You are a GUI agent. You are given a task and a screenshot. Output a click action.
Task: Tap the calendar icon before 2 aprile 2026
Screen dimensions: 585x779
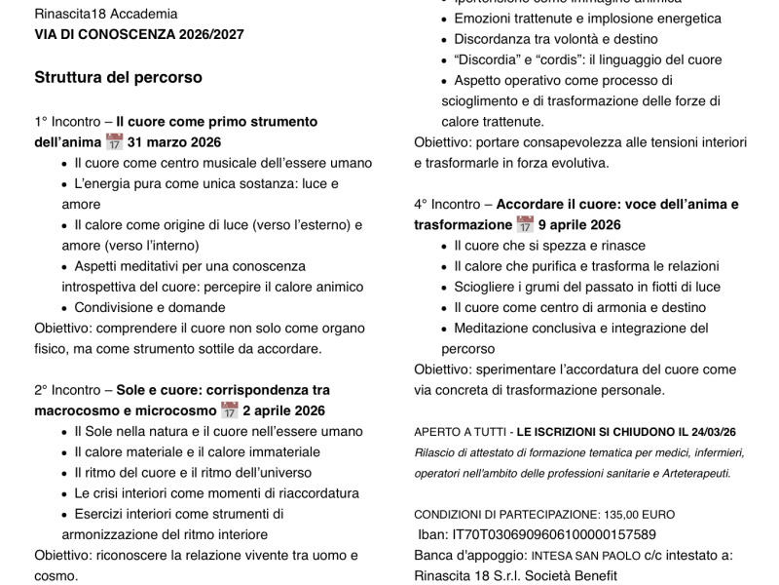coord(229,410)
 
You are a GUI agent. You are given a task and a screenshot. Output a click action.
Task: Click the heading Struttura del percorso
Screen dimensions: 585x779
coord(118,77)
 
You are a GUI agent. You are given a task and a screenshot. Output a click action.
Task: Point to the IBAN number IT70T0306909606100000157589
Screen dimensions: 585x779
coord(554,534)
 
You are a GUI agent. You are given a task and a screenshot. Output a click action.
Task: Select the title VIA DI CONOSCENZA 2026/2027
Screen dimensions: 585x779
coord(139,34)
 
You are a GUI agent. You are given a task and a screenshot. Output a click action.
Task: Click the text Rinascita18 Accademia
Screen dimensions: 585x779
coord(106,14)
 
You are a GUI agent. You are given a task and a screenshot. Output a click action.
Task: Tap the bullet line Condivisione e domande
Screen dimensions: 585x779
coord(149,307)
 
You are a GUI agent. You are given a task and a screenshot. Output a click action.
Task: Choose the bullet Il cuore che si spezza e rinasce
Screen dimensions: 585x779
coord(549,246)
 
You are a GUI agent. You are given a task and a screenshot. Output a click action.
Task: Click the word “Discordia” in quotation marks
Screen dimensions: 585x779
coord(487,60)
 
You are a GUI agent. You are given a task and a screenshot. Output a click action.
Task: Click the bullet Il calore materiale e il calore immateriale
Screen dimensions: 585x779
coord(197,451)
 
